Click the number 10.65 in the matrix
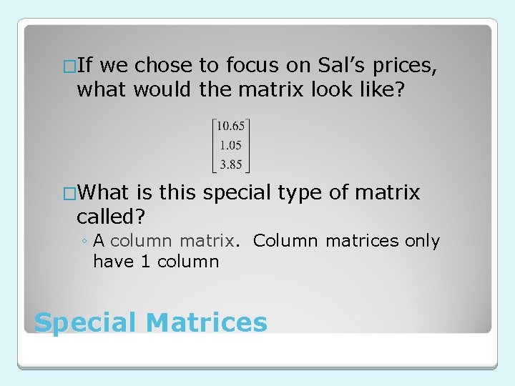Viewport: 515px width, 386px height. pos(230,126)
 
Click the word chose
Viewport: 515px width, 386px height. pos(164,66)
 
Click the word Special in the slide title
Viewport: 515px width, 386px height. pos(85,323)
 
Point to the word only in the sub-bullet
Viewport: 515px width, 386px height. pos(422,242)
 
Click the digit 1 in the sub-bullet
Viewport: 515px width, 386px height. pos(145,262)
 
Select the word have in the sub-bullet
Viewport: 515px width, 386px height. pos(114,262)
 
